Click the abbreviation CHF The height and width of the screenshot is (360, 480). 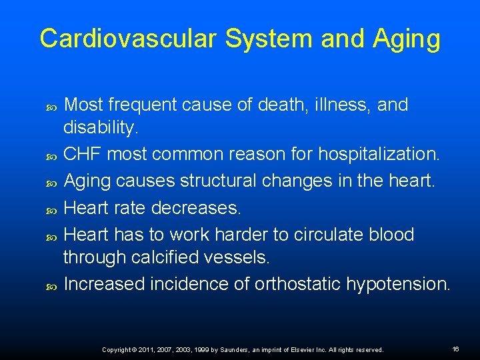point(83,154)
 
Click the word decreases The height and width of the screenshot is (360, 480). point(196,208)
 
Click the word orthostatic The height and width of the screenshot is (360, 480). point(297,284)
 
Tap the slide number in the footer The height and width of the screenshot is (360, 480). point(456,349)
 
